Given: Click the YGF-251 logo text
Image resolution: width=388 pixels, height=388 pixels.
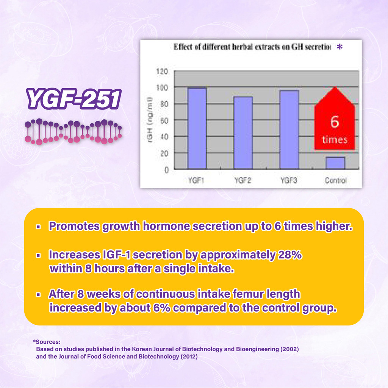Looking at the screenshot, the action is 74,99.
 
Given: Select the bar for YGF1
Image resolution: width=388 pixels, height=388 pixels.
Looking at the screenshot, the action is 197,128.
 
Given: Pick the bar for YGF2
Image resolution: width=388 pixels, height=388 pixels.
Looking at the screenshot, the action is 243,133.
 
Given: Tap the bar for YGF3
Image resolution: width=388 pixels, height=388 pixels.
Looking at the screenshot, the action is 289,130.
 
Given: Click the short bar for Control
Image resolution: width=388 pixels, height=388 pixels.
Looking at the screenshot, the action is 335,163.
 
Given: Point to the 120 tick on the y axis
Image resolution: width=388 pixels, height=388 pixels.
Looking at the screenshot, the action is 162,71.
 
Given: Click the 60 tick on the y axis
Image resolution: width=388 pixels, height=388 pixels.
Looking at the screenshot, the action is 164,120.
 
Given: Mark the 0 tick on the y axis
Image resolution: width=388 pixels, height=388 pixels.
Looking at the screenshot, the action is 167,170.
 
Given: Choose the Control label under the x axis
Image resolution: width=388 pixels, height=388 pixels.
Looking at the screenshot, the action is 336,180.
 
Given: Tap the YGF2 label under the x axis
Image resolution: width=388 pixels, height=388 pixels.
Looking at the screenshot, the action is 243,180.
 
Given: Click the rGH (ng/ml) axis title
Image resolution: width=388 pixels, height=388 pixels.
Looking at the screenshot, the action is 150,120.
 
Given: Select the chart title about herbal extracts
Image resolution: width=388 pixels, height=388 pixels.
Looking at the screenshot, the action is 252,47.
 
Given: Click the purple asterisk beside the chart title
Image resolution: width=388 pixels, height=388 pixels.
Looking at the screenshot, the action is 340,47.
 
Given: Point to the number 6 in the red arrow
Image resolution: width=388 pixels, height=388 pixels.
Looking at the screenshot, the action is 335,122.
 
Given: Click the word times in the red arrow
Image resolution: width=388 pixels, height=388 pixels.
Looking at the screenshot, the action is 335,140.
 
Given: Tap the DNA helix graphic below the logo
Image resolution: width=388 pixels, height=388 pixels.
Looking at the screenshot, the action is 74,131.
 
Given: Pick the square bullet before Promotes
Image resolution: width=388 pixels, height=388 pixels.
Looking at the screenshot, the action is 38,227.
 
